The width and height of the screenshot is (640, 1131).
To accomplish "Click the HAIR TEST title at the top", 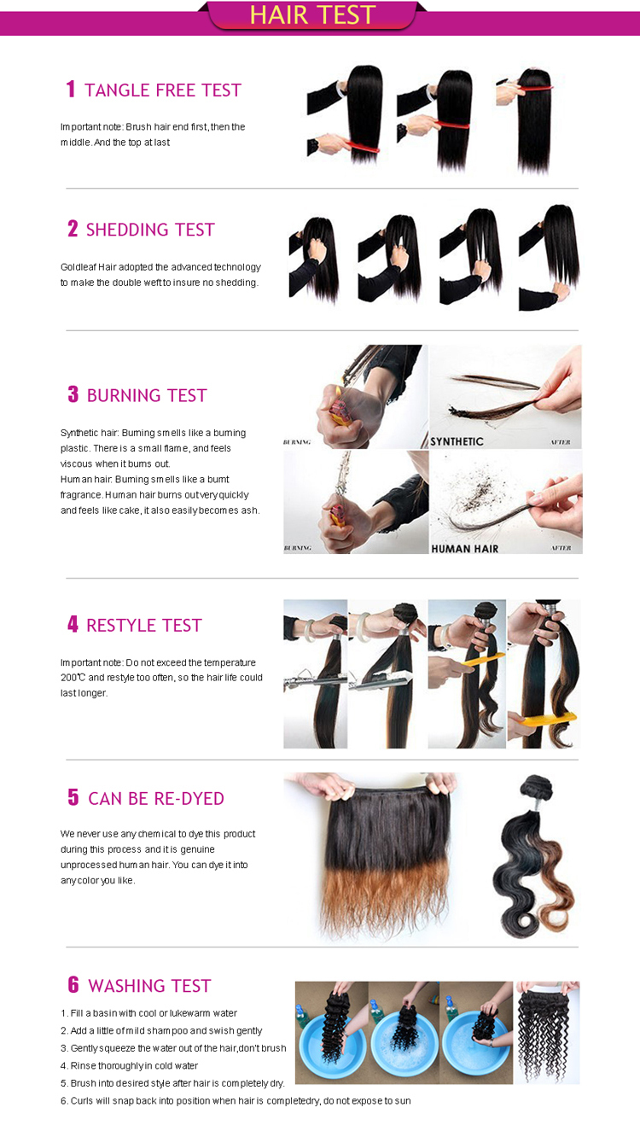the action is tap(312, 15).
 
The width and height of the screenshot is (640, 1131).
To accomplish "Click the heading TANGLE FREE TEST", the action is tap(163, 90).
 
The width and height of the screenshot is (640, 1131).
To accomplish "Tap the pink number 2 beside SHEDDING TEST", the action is tap(73, 229).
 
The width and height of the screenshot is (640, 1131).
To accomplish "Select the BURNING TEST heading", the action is tap(147, 395).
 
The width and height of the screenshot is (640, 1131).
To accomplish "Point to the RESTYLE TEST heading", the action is tap(144, 626).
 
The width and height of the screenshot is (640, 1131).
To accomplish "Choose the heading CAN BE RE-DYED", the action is tap(156, 799).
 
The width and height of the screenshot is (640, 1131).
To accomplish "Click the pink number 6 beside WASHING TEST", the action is tap(73, 984).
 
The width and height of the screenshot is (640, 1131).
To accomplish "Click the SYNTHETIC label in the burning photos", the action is tap(457, 442).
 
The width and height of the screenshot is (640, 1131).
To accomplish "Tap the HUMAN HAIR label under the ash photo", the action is tap(465, 549).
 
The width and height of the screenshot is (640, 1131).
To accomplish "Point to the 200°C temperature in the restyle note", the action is tap(73, 678).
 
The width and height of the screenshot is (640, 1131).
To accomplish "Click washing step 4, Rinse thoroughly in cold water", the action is tap(129, 1066).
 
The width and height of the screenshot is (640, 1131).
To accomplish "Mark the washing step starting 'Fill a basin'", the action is tap(148, 1013).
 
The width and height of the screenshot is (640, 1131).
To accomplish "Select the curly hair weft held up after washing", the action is tap(547, 1035).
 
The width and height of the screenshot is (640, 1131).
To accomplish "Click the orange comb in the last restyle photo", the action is tap(549, 719).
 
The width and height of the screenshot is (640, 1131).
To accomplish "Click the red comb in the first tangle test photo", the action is tap(360, 147).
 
